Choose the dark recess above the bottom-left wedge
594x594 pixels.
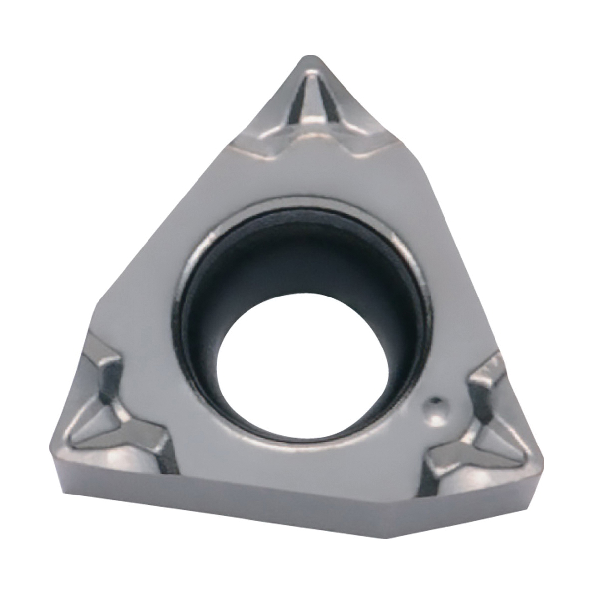tap(106, 381)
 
